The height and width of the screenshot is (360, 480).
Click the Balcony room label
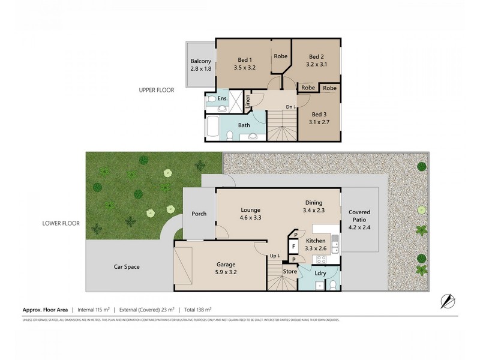tap(200, 61)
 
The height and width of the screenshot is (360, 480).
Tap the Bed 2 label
tap(316, 53)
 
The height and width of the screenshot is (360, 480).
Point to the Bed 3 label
tap(320, 113)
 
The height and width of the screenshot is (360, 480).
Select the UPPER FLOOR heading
tap(157, 90)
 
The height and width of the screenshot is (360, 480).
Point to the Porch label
tap(199, 214)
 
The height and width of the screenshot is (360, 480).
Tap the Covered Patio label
tap(360, 217)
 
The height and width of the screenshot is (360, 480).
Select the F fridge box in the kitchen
tap(294, 246)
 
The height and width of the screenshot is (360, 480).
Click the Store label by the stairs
tap(290, 272)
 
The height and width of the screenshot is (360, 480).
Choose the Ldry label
tap(320, 274)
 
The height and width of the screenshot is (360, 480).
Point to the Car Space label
tap(127, 266)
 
